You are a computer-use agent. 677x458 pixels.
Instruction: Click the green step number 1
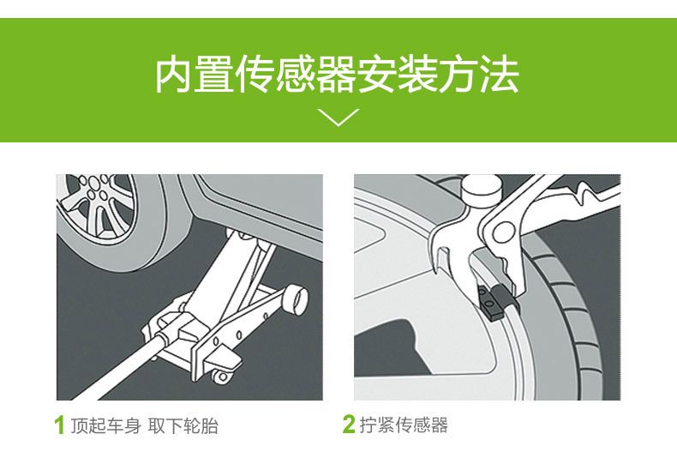pyautogui.click(x=60, y=425)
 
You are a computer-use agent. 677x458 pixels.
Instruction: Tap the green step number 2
pyautogui.click(x=349, y=425)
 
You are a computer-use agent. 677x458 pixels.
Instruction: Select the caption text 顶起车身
pyautogui.click(x=105, y=425)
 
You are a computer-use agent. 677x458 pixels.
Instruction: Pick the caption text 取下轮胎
pyautogui.click(x=183, y=425)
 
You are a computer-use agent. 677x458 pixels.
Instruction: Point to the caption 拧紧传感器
pyautogui.click(x=404, y=425)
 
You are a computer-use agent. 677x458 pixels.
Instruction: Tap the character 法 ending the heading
pyautogui.click(x=500, y=75)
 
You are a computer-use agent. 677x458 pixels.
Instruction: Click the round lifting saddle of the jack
pyautogui.click(x=296, y=298)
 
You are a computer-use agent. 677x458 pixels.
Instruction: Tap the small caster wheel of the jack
pyautogui.click(x=222, y=377)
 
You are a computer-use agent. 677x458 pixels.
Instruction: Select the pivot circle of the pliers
pyautogui.click(x=503, y=232)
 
